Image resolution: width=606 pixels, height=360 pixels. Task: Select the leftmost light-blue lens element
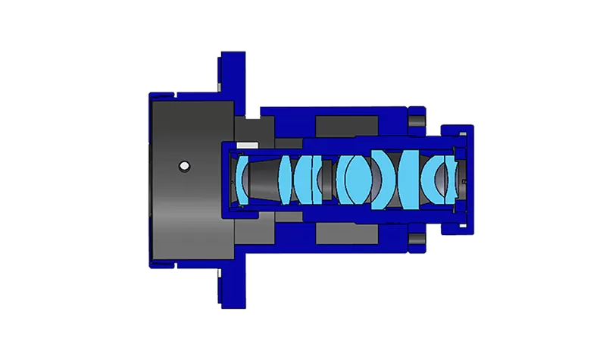point(242,180)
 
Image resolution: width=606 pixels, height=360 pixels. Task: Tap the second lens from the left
point(286,179)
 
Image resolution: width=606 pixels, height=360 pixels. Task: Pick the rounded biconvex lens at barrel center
point(355,179)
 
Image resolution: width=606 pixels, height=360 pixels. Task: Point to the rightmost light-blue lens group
point(440,179)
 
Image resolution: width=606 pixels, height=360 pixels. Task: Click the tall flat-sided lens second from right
point(410,179)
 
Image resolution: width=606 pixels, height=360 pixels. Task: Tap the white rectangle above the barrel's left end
point(243,144)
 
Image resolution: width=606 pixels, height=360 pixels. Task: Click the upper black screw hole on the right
point(415,121)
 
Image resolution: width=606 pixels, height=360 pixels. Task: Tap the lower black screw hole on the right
point(415,240)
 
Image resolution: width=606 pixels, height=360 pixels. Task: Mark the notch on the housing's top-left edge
point(175,95)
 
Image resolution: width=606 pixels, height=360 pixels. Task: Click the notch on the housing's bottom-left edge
point(175,265)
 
